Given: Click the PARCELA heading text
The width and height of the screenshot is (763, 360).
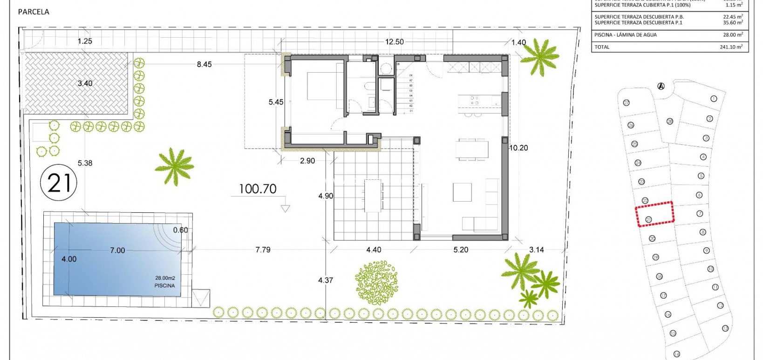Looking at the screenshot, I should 34,12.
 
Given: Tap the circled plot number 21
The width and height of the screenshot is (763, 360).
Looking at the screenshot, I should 59,182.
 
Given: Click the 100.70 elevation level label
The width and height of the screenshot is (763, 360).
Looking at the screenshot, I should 258,189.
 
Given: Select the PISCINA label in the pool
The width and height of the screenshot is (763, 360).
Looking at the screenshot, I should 164,285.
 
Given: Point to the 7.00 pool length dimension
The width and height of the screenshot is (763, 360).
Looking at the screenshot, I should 117,251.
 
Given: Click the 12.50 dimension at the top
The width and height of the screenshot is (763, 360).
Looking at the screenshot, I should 394,42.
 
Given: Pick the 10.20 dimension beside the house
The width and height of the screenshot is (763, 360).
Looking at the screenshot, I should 518,148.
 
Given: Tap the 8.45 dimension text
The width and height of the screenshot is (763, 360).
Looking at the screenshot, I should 204,65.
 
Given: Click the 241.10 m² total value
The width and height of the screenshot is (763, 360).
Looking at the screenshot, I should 731,47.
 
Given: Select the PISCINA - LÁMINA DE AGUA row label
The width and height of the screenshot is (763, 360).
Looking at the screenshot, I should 626,35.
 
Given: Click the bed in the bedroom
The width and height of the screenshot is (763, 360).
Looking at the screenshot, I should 325,87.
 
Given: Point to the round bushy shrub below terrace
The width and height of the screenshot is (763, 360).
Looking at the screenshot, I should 376,283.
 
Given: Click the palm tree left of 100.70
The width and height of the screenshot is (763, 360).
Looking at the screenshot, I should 174,166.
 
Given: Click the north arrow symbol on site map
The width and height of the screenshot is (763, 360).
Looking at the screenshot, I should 661,86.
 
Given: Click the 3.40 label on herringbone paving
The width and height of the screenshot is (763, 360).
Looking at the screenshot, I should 85,84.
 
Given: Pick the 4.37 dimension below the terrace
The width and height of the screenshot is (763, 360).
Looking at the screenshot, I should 326,280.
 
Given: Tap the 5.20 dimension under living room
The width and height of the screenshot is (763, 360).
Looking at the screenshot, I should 461,250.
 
